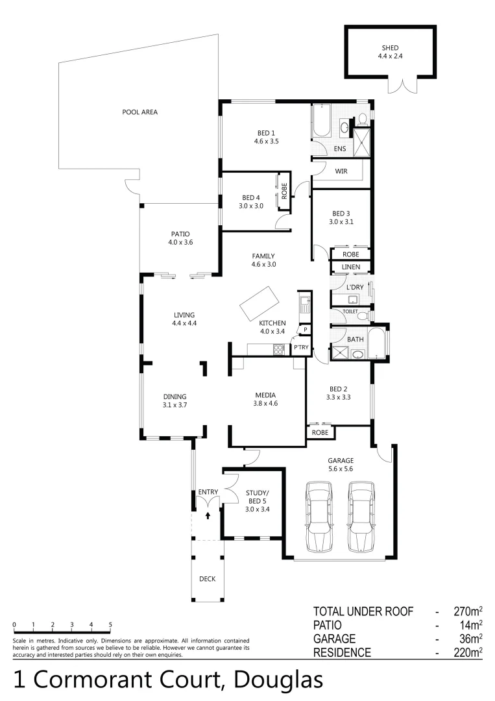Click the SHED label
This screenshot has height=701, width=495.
pyautogui.click(x=390, y=48)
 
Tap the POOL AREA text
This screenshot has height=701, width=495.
pyautogui.click(x=139, y=112)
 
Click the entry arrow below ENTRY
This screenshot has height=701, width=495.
pyautogui.click(x=208, y=515)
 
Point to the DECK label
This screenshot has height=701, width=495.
pyautogui.click(x=207, y=579)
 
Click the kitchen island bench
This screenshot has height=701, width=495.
pyautogui.click(x=259, y=303)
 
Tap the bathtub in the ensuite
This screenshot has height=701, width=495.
pyautogui.click(x=321, y=121)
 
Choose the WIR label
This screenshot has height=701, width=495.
pyautogui.click(x=341, y=171)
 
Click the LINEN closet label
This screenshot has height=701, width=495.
pyautogui.click(x=350, y=267)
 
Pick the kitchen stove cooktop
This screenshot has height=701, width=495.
pyautogui.click(x=280, y=349)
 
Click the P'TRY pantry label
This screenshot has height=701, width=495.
pyautogui.click(x=300, y=348)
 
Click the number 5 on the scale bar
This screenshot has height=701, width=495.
pyautogui.click(x=110, y=624)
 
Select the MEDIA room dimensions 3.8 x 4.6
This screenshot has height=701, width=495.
pyautogui.click(x=265, y=404)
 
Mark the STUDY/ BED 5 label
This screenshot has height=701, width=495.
pyautogui.click(x=257, y=500)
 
